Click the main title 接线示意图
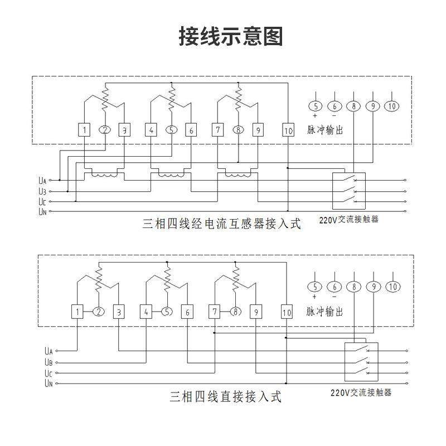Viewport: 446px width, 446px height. [x=231, y=36]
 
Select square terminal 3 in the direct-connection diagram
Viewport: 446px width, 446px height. [x=118, y=312]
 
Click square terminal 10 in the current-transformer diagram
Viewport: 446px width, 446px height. [x=288, y=130]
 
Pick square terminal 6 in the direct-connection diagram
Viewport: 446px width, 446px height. [x=188, y=312]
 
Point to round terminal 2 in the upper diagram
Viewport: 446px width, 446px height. [x=104, y=130]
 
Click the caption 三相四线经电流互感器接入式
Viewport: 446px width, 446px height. [x=222, y=224]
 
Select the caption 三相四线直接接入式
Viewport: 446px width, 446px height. [x=225, y=397]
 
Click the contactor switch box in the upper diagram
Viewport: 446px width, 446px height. [x=348, y=190]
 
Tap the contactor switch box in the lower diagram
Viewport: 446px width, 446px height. [x=362, y=362]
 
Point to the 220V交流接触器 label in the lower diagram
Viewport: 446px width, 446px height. [x=361, y=392]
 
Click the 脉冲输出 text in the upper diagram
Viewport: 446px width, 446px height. [x=325, y=130]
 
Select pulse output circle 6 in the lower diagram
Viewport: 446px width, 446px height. [x=334, y=287]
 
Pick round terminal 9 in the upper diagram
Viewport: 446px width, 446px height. [x=372, y=106]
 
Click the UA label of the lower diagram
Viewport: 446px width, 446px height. [x=48, y=351]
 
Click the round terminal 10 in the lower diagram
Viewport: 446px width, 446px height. [x=392, y=287]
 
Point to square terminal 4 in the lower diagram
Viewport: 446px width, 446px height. [x=146, y=312]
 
